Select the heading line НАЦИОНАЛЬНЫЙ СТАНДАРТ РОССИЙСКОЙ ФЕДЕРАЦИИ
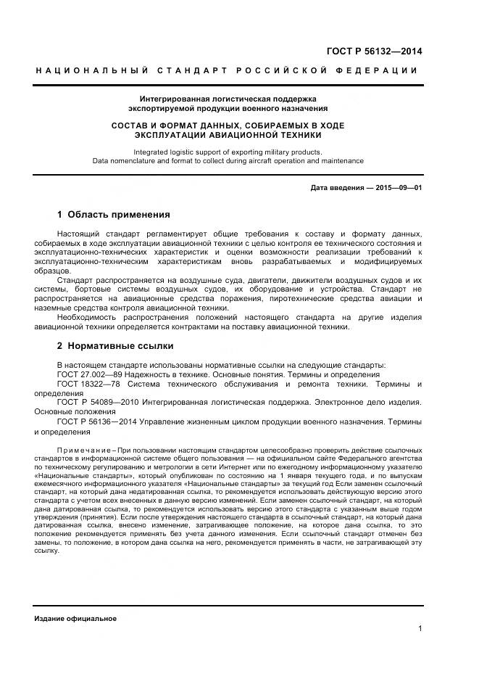pos(227,70)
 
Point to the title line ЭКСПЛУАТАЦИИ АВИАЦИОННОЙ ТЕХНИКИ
pos(228,135)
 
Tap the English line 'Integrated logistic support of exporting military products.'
pos(228,152)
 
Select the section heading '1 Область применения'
pos(113,215)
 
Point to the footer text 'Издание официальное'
pos(75,619)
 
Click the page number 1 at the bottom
pos(420,629)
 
